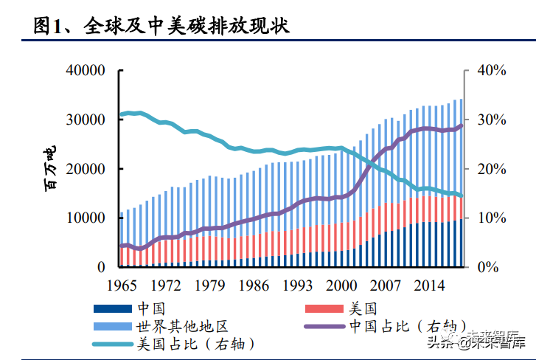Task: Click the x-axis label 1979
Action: (210, 286)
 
